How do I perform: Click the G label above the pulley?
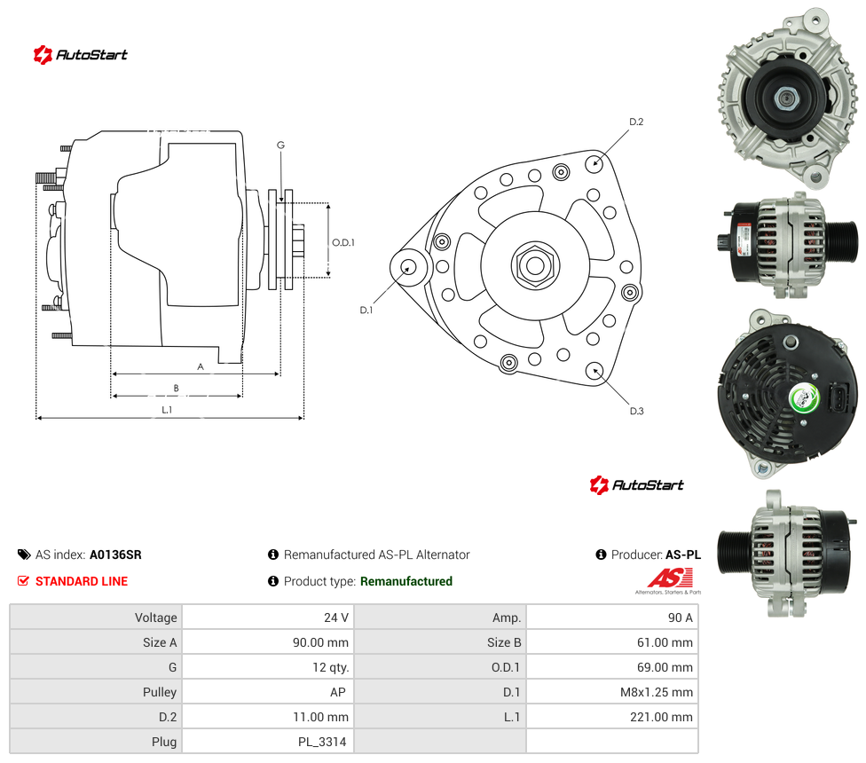(x=280, y=146)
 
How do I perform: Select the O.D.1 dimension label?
(x=343, y=242)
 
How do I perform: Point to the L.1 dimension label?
(x=167, y=410)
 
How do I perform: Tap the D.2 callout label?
(x=636, y=122)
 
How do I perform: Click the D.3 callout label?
(x=636, y=411)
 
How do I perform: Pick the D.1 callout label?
(x=366, y=311)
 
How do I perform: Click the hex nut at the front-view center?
(x=535, y=265)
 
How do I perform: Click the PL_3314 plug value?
(x=322, y=742)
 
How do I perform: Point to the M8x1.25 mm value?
(x=656, y=692)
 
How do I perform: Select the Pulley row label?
(x=160, y=692)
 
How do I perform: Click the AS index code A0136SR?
(x=115, y=555)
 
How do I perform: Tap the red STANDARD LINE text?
(x=82, y=581)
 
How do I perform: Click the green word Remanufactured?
(x=406, y=581)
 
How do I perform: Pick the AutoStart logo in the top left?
(x=80, y=55)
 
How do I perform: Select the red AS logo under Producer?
(x=670, y=578)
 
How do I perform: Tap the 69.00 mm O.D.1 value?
(x=665, y=667)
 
